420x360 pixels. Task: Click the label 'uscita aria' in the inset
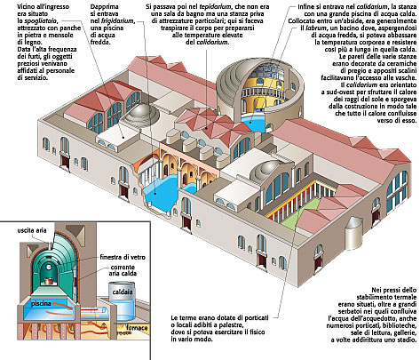(x=32, y=230)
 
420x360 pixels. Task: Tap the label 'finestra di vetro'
(x=123, y=257)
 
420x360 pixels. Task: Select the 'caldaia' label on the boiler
(x=123, y=292)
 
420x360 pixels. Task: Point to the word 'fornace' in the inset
(x=137, y=328)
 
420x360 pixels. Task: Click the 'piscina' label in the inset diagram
(x=41, y=303)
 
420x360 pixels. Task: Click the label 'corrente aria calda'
(x=123, y=270)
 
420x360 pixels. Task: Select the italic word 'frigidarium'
(x=117, y=21)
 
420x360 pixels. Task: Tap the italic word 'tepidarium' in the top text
(x=215, y=7)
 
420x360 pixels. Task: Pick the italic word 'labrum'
(x=316, y=28)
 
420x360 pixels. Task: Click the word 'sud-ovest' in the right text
(x=335, y=92)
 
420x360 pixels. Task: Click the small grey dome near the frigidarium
(x=139, y=114)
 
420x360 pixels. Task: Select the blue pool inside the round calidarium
(x=254, y=123)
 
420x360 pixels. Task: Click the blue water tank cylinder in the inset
(x=122, y=301)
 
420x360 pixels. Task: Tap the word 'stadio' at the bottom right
(x=408, y=340)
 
